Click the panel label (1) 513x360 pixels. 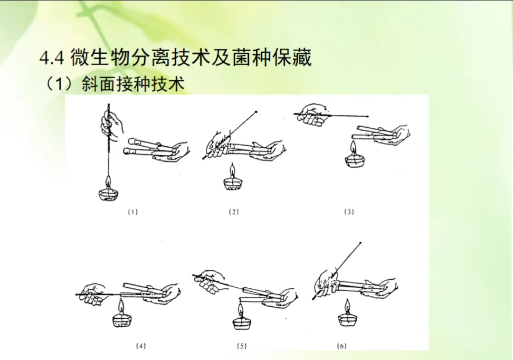133,212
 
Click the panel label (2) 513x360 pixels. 234,212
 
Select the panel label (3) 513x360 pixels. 349,212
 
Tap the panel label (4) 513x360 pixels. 141,346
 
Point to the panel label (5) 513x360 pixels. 241,346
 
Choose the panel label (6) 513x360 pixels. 341,346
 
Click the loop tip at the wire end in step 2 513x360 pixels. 256,112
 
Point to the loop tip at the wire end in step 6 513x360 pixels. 360,243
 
